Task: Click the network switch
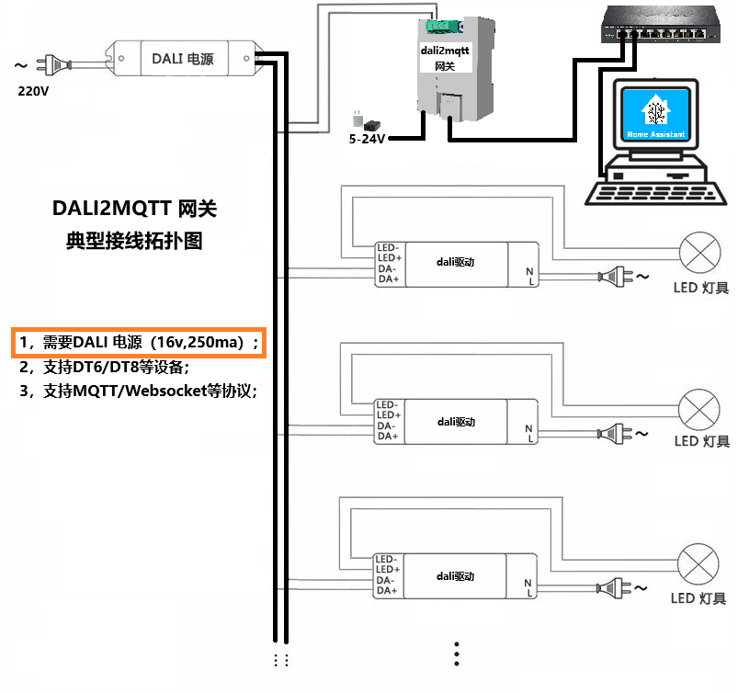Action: [x=658, y=24]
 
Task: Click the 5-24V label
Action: [x=368, y=140]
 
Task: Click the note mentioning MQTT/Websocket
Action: [x=138, y=391]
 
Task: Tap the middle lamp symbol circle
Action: [x=699, y=407]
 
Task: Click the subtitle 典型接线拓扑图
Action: [x=135, y=242]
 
